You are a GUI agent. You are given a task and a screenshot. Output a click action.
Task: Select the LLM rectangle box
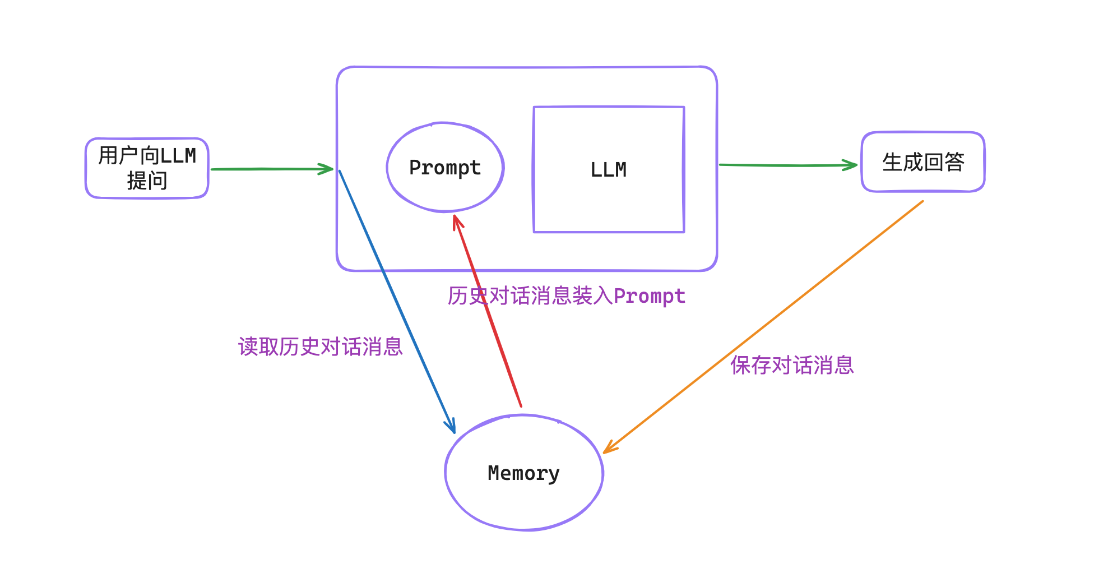click(609, 202)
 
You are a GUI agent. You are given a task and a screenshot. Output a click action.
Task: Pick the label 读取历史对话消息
click(320, 347)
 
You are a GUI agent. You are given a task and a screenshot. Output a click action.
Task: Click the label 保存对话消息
click(791, 365)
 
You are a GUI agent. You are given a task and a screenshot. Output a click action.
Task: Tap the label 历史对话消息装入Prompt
click(566, 295)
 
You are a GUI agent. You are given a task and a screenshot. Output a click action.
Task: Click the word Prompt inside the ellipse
click(445, 168)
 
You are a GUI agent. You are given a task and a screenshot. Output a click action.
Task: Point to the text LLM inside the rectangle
click(609, 169)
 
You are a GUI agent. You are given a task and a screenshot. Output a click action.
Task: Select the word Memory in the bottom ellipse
click(523, 473)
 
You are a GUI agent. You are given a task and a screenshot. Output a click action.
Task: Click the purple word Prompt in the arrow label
click(649, 296)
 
